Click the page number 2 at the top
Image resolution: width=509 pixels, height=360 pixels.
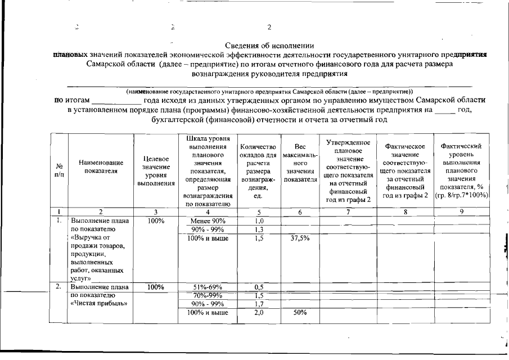tap(269, 27)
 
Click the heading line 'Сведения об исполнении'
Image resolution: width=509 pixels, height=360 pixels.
tap(269, 45)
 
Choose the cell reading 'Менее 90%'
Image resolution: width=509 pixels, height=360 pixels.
tap(208, 220)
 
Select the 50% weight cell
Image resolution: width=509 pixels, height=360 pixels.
tap(299, 313)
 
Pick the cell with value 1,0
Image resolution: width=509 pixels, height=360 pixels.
tap(259, 220)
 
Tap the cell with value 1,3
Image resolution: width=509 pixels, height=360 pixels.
tap(259, 229)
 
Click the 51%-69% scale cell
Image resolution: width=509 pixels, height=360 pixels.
tap(208, 287)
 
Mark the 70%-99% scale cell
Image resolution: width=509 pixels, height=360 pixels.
tap(208, 295)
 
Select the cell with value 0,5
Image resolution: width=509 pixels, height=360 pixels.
tap(259, 287)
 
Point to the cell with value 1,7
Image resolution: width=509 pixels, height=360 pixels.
tap(259, 304)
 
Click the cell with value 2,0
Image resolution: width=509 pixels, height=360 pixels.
tap(259, 313)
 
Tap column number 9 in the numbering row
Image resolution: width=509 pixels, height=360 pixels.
tap(461, 211)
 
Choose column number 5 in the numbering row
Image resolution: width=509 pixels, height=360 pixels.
tap(259, 211)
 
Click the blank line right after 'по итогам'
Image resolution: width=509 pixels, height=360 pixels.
tap(117, 100)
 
